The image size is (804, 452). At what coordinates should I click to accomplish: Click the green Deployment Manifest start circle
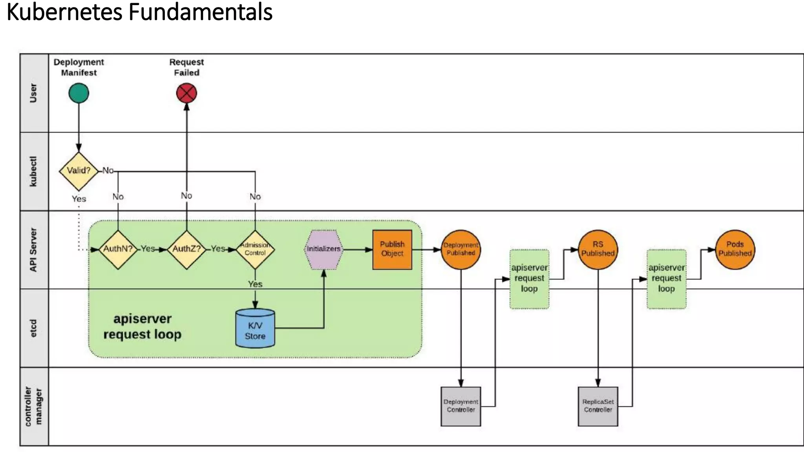click(x=79, y=93)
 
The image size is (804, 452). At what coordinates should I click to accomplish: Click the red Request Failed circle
click(x=186, y=93)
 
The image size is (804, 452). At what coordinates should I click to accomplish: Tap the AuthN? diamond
click(x=118, y=250)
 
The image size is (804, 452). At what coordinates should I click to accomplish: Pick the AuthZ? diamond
click(x=186, y=250)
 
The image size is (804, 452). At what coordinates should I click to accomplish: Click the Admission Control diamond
click(x=255, y=250)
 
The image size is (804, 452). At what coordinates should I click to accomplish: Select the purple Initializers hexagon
click(x=323, y=250)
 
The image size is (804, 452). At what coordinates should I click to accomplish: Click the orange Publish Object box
click(x=392, y=250)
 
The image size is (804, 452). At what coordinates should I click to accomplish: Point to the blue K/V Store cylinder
click(x=255, y=329)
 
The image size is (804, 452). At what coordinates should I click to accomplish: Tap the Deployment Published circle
click(x=461, y=250)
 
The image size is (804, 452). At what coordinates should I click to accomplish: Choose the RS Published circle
click(x=598, y=250)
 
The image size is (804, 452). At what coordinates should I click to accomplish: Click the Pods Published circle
click(x=735, y=250)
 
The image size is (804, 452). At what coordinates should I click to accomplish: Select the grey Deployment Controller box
click(x=461, y=406)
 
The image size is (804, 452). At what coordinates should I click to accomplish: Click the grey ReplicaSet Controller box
click(x=598, y=406)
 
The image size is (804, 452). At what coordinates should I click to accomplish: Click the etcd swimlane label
click(x=34, y=328)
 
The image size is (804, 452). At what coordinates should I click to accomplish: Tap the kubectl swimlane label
click(x=34, y=171)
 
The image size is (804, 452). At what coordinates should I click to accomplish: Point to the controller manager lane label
click(x=34, y=406)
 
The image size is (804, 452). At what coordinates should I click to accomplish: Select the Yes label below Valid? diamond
click(x=79, y=199)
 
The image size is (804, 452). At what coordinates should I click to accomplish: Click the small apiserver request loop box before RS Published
click(x=529, y=279)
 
